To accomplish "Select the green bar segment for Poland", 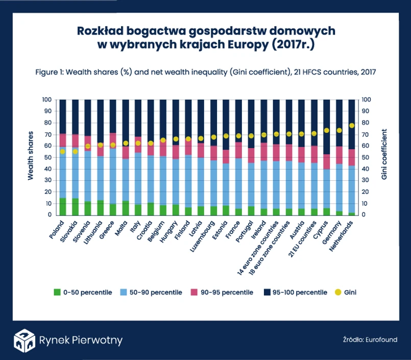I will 63,206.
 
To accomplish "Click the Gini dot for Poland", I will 63,152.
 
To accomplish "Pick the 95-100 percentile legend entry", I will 296,293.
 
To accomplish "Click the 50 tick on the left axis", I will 47,157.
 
